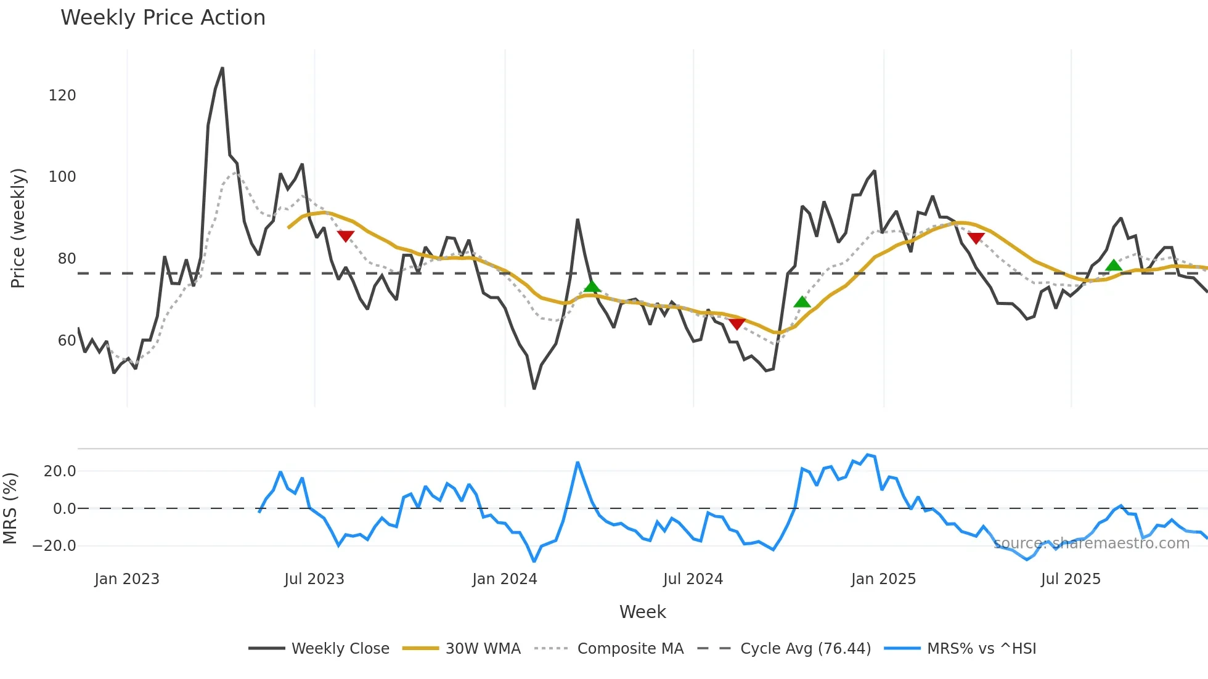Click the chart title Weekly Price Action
[163, 18]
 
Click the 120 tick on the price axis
[62, 96]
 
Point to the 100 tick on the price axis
[62, 177]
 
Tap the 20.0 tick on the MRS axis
[60, 471]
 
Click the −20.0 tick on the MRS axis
[54, 546]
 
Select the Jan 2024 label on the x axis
[504, 579]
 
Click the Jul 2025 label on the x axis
[1071, 579]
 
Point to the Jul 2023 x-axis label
[314, 579]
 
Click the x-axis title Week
[642, 612]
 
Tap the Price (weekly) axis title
[18, 228]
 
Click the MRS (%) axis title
[10, 508]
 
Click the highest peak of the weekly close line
[222, 68]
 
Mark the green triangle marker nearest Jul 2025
[1114, 266]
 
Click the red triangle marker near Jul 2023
[346, 236]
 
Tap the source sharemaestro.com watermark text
[1091, 543]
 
